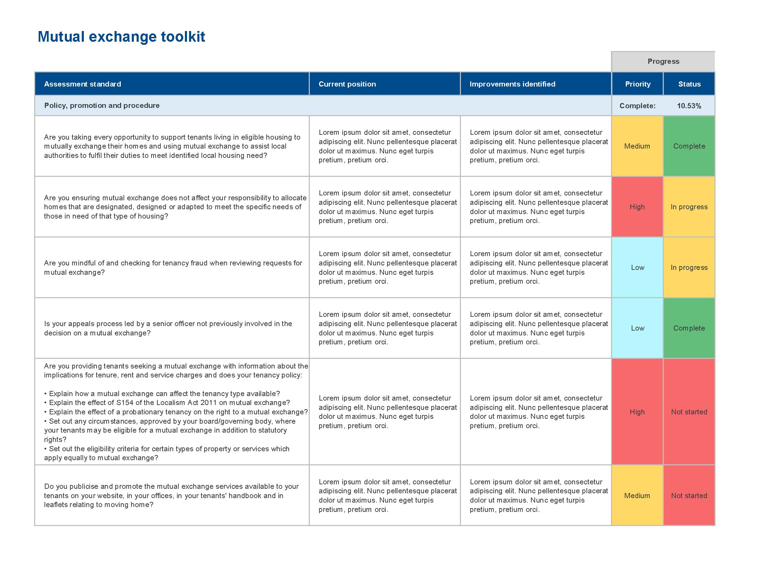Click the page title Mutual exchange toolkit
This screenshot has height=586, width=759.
[x=121, y=37]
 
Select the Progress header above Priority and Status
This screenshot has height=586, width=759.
[x=663, y=61]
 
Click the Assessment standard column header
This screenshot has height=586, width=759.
[x=82, y=84]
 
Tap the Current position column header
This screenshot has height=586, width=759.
[x=347, y=84]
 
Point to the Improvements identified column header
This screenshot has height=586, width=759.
[x=512, y=84]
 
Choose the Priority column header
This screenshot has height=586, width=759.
[x=638, y=84]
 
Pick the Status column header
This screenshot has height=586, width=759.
[x=690, y=84]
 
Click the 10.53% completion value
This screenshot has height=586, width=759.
[x=689, y=106]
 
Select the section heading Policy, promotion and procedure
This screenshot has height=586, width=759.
[x=102, y=105]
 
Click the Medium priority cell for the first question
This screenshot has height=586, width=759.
[x=637, y=146]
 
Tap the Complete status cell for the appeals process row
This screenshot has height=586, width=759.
[x=689, y=328]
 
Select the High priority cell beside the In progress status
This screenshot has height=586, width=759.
[x=637, y=207]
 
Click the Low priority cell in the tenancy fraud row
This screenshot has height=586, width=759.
[x=637, y=267]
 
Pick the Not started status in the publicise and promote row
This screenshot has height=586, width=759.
[x=689, y=496]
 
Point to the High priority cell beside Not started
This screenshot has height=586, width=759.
[x=637, y=412]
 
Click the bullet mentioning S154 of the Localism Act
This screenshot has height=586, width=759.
[x=167, y=403]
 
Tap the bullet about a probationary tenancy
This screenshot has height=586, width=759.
[x=176, y=412]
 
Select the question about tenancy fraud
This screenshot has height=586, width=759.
[x=173, y=267]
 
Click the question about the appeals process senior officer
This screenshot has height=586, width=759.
[x=168, y=329]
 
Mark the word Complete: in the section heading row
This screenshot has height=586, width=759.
[x=638, y=106]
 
